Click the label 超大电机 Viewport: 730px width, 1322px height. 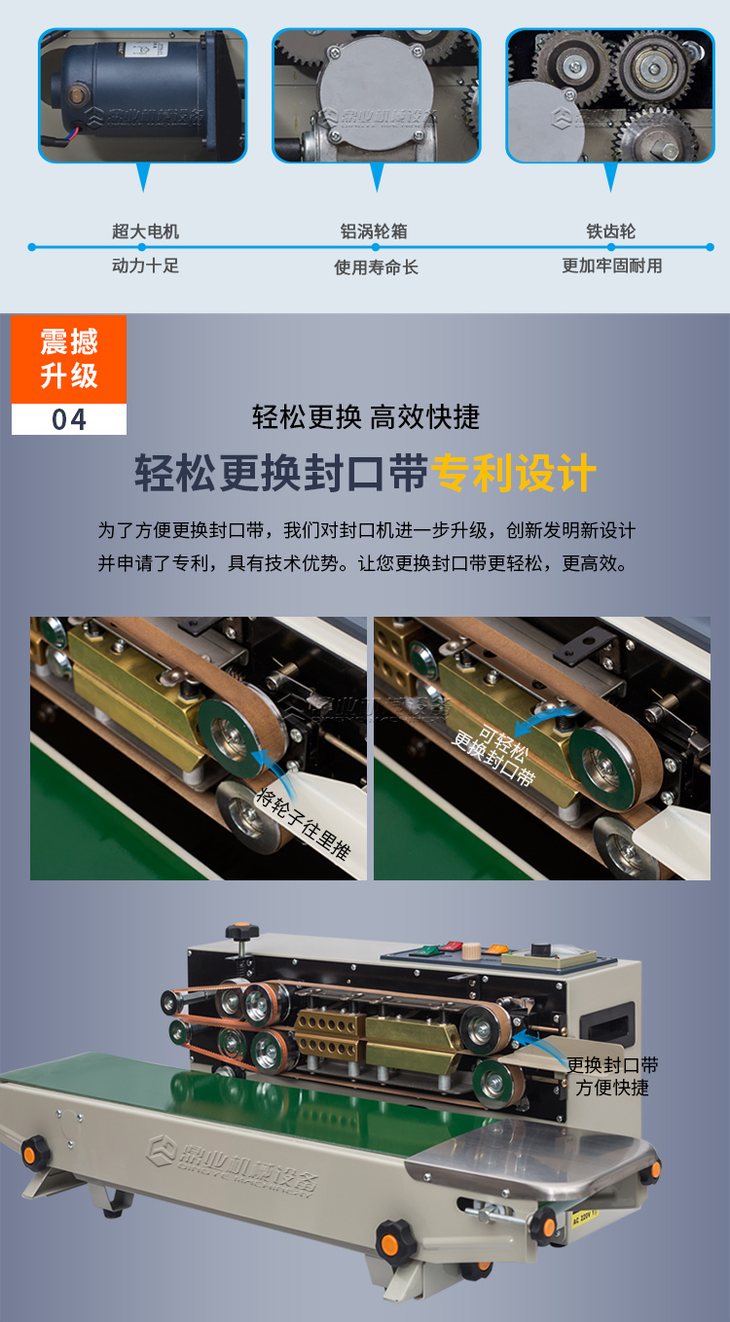145,232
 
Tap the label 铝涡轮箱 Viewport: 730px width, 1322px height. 374,232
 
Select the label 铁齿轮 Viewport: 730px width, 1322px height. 610,232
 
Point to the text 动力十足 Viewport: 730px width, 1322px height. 145,266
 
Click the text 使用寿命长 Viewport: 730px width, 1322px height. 376,267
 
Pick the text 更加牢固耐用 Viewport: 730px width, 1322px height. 611,266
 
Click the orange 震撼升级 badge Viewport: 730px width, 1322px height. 69,358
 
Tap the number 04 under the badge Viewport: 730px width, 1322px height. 69,419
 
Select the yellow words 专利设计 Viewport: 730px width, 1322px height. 513,474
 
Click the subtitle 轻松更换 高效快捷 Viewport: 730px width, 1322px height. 365,417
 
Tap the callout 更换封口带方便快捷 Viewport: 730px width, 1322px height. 612,1076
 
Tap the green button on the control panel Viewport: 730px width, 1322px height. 425,947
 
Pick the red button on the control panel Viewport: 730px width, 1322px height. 450,945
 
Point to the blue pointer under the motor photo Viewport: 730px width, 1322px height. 144,176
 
